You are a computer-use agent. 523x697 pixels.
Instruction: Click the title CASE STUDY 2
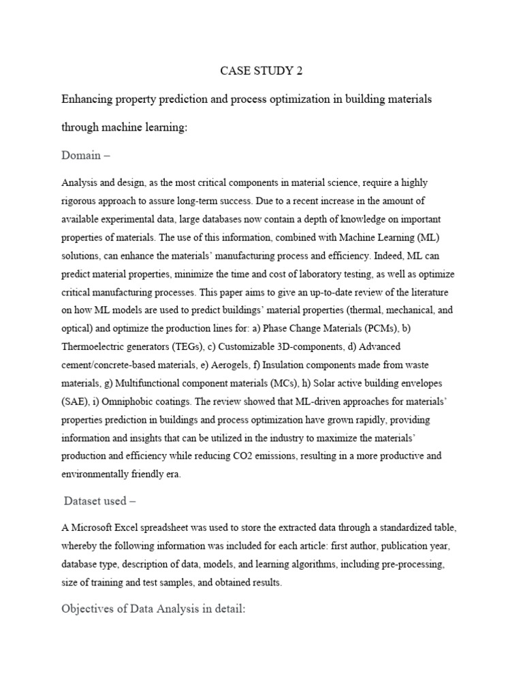[261, 70]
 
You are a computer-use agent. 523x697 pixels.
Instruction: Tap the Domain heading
[86, 156]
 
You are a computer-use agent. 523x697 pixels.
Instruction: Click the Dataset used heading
[100, 501]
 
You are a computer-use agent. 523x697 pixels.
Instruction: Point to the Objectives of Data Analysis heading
[153, 608]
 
